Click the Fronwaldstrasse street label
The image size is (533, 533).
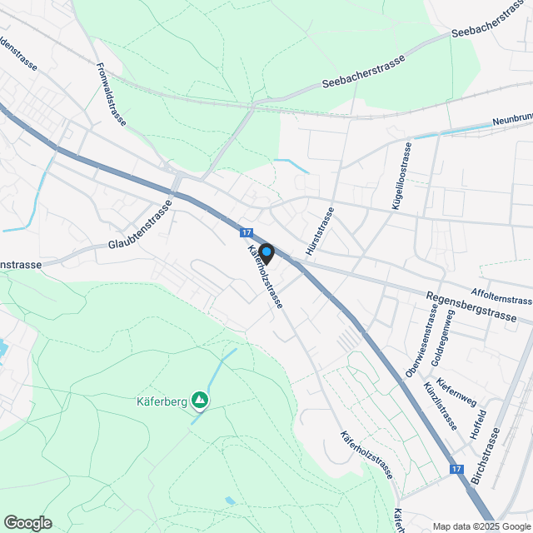[x=111, y=94]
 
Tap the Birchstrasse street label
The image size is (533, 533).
[x=487, y=459]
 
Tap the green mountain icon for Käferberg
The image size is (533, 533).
[x=200, y=401]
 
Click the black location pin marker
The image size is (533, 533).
[x=266, y=252]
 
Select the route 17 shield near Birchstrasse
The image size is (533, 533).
[x=456, y=470]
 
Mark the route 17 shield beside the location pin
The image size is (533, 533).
[x=247, y=233]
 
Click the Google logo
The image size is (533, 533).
[x=27, y=522]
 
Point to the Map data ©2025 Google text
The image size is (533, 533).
[x=481, y=526]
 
